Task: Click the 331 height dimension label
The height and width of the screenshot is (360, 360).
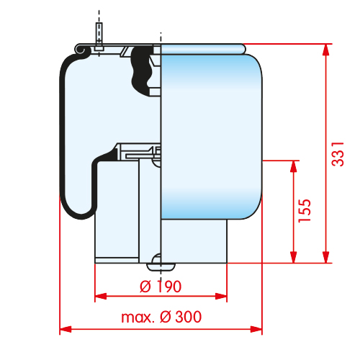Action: tap(338, 154)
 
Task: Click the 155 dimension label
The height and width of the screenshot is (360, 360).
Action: tap(305, 211)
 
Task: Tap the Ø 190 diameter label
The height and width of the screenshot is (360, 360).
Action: tap(161, 287)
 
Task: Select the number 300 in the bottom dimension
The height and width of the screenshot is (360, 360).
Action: tap(188, 317)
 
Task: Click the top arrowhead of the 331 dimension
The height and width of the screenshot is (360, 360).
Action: tap(325, 50)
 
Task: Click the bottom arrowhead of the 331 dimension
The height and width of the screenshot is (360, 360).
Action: tap(325, 257)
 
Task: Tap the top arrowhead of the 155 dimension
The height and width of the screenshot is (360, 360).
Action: tap(294, 166)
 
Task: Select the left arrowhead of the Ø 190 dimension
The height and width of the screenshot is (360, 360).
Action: tap(101, 296)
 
